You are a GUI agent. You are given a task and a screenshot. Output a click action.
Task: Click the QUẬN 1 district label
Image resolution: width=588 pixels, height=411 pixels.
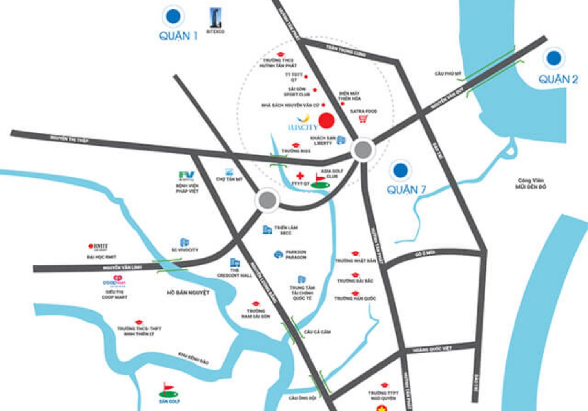(x=178, y=36)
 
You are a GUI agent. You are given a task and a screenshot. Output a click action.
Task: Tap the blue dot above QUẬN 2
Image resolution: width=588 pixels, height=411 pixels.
(x=554, y=58)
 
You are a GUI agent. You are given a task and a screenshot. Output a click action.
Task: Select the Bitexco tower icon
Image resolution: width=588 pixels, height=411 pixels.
(x=215, y=18)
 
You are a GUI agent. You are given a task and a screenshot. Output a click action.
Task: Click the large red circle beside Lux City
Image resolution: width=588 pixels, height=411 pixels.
(x=326, y=121)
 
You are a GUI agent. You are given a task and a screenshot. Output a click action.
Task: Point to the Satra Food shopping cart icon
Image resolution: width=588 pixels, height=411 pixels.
(x=363, y=119)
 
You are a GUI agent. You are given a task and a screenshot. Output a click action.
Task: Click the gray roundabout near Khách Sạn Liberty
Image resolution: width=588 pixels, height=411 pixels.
(x=363, y=150)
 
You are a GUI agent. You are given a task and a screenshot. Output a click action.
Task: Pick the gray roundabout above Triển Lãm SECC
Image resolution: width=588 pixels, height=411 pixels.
(x=268, y=200)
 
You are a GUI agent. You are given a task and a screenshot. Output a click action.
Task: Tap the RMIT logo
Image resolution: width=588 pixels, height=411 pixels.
(x=98, y=247)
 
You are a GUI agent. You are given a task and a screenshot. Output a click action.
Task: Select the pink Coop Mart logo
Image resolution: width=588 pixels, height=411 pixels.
(x=114, y=280)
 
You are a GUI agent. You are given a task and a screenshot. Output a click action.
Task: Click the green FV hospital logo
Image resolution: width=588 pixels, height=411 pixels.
(x=186, y=175)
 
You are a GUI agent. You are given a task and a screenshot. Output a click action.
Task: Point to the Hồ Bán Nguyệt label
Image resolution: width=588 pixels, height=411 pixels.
(x=188, y=293)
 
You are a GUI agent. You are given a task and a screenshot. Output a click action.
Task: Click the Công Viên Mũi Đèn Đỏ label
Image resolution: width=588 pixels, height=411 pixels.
(x=531, y=184)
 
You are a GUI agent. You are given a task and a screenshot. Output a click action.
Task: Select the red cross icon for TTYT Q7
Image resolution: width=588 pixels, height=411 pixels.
(x=300, y=176)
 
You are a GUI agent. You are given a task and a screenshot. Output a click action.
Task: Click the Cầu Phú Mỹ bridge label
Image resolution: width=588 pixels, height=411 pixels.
(x=448, y=74)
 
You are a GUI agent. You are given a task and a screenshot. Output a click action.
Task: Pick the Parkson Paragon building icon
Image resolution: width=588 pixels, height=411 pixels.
(x=278, y=254)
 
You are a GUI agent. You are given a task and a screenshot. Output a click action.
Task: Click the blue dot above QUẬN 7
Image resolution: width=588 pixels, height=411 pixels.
(x=400, y=170)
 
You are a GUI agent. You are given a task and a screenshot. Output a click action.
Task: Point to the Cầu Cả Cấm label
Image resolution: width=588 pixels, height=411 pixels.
(x=317, y=332)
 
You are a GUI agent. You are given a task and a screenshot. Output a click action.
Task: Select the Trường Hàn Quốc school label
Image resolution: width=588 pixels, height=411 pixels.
(x=355, y=298)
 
